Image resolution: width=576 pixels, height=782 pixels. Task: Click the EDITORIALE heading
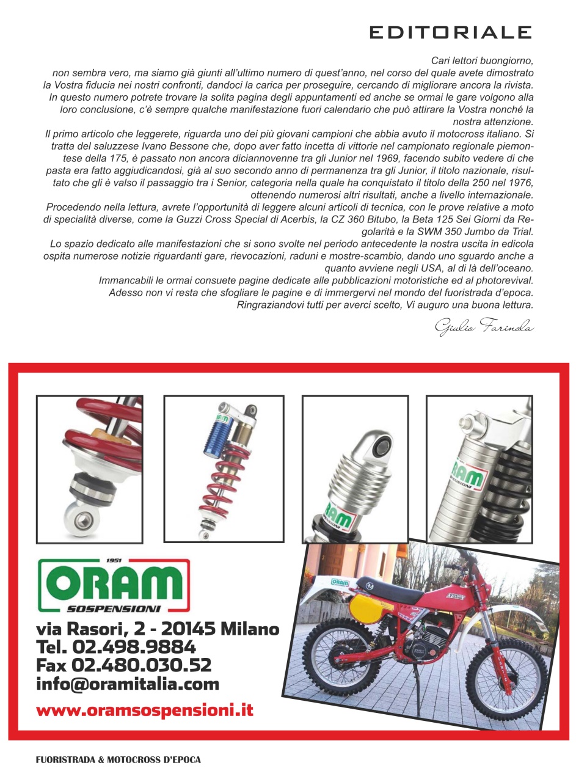[450, 32]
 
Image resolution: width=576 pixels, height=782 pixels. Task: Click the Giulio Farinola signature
[484, 327]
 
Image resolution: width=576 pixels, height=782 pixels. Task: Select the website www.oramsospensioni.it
[145, 711]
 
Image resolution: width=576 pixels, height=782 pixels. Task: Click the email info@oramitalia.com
[128, 684]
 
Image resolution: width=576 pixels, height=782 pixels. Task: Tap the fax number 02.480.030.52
[142, 665]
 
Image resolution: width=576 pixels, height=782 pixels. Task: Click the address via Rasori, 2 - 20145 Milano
[158, 628]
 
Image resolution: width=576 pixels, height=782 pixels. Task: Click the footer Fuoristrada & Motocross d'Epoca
[118, 760]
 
